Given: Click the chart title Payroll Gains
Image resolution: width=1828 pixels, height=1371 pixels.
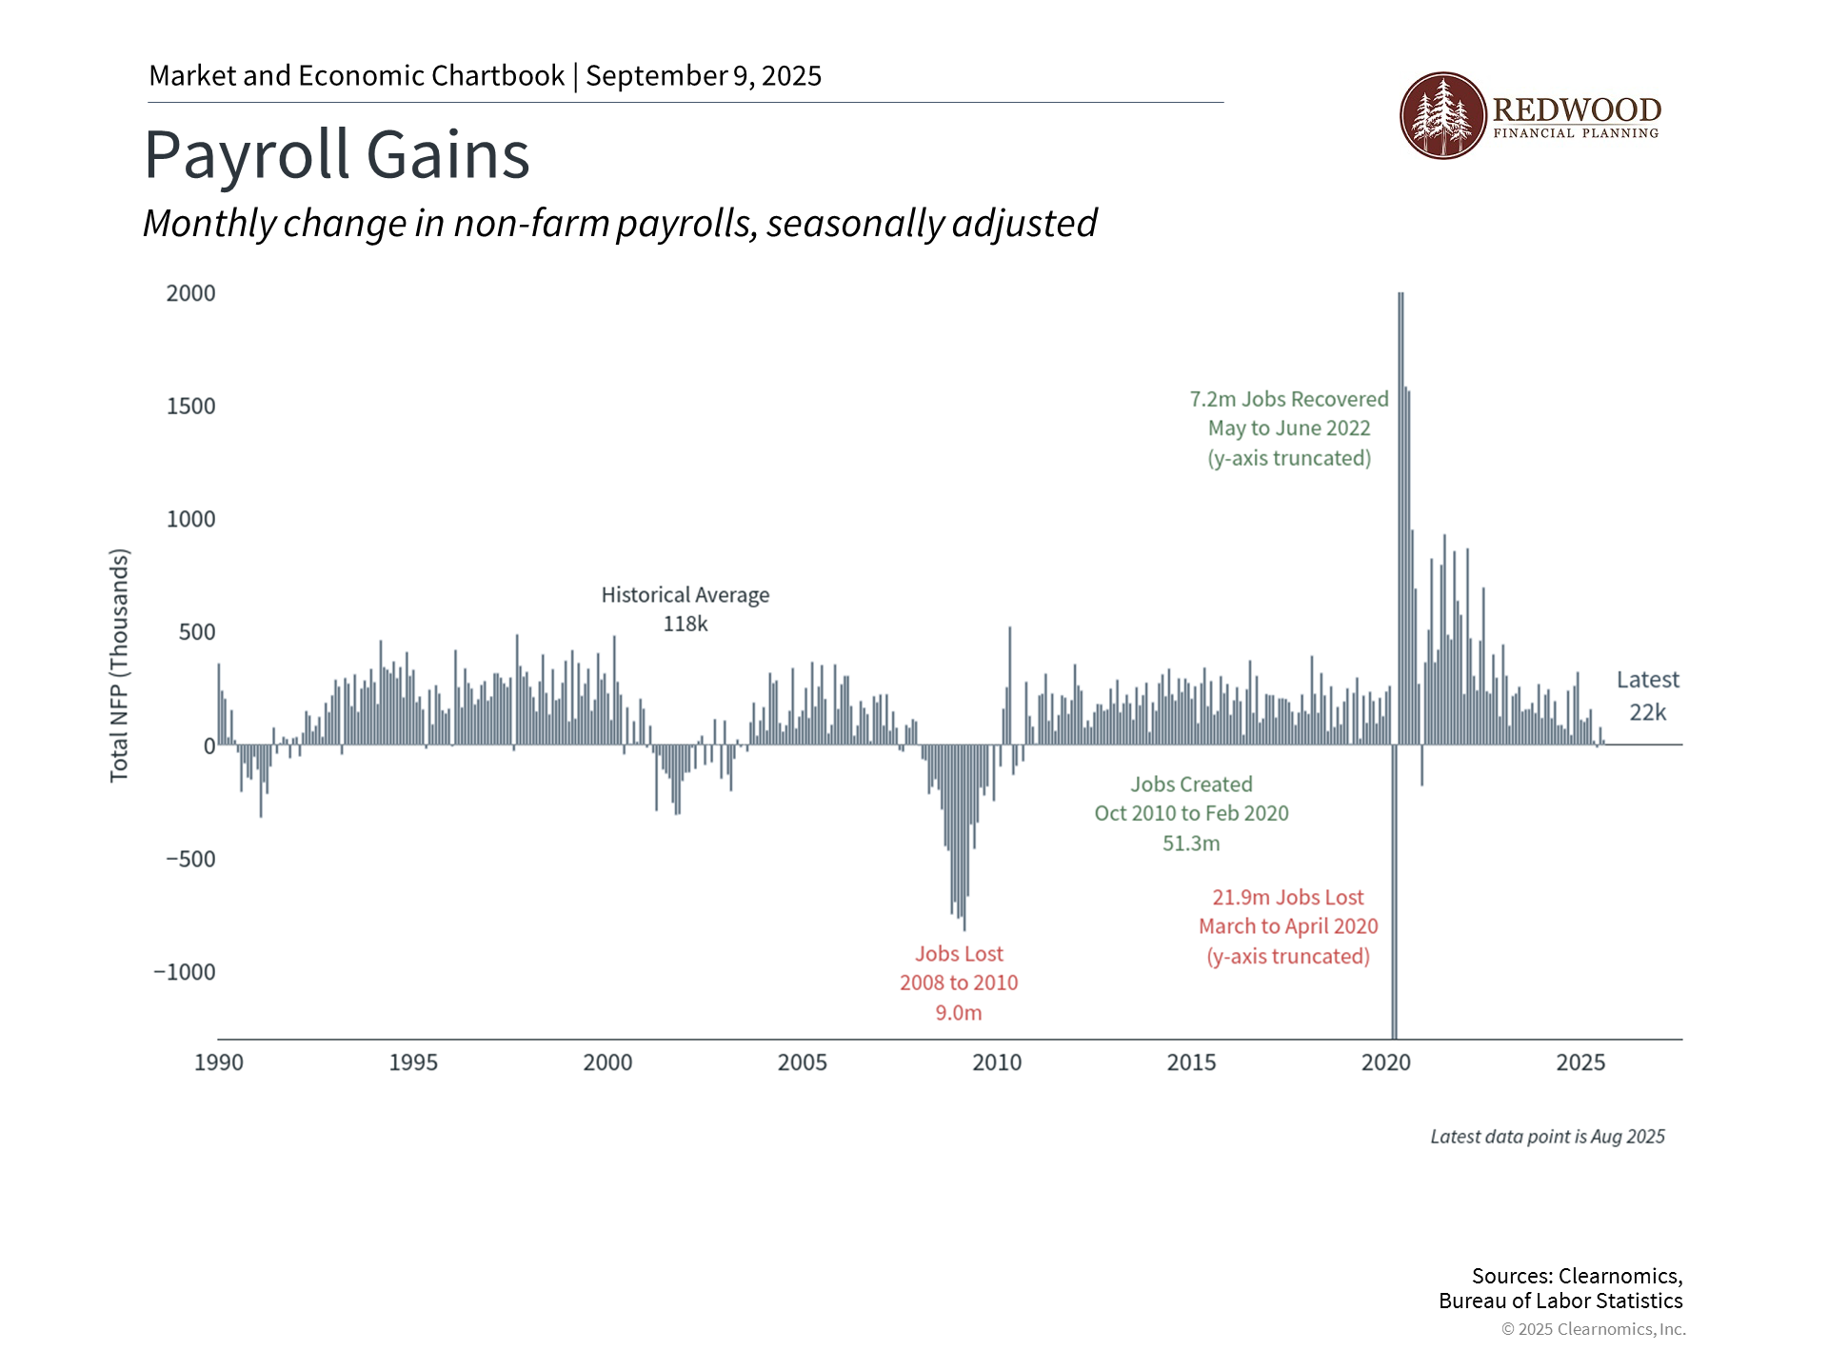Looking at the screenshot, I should point(336,155).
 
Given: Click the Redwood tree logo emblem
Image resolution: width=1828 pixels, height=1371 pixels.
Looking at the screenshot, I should point(1442,115).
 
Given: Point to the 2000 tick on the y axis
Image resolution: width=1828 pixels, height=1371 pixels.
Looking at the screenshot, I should point(190,293).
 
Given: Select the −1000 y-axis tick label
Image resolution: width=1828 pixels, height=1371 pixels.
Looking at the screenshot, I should point(185,972).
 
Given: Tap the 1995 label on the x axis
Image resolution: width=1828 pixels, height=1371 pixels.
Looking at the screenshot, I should point(413,1063).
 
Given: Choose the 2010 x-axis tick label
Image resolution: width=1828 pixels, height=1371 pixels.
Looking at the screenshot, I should point(997,1063).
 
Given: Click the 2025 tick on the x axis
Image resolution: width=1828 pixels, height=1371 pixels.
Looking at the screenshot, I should point(1580,1063).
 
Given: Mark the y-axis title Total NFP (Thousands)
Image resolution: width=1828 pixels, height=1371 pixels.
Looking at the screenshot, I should point(119,666).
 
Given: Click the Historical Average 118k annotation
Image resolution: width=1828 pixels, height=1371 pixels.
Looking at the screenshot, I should point(685,609).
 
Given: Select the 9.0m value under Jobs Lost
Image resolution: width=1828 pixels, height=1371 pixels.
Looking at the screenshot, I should point(959,1013).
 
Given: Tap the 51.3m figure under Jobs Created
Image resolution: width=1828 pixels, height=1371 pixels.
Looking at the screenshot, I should point(1191,844).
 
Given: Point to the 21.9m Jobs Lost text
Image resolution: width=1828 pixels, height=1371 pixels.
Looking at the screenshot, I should point(1288,898).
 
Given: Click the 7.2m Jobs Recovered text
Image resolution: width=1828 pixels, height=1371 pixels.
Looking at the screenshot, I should point(1289,400).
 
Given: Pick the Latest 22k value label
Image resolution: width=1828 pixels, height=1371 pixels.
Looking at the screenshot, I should point(1648,712).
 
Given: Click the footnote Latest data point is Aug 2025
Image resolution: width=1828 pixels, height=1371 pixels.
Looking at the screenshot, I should point(1547,1137).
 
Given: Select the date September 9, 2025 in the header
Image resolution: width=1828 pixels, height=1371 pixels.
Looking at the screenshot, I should point(704,76).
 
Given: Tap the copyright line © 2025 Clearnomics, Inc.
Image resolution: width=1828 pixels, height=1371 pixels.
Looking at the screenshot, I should point(1593,1329).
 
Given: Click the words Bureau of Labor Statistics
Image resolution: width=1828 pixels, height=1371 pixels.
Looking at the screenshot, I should point(1560,1301).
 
